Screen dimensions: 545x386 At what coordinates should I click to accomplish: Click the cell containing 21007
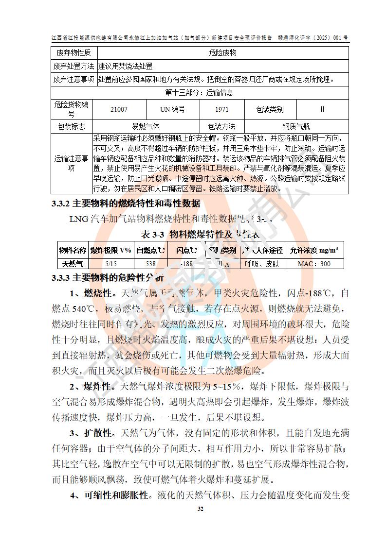119,109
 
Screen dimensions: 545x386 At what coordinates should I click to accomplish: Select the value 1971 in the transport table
221,109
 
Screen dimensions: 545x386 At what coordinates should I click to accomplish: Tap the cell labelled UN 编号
172,109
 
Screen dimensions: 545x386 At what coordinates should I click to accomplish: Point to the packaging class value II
322,109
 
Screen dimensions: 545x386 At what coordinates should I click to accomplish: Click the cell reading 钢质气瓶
296,126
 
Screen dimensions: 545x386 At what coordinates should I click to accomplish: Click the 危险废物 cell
222,52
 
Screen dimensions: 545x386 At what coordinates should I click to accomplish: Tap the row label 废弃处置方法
74,66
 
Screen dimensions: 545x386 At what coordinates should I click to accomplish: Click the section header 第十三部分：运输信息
200,92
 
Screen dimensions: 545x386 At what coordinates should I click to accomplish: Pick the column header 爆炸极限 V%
110,250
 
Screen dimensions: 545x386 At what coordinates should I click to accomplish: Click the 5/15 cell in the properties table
110,264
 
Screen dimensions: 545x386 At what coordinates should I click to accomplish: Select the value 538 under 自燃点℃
151,264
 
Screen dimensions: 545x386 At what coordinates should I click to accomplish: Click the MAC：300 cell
314,264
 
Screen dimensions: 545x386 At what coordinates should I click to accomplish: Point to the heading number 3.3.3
61,278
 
